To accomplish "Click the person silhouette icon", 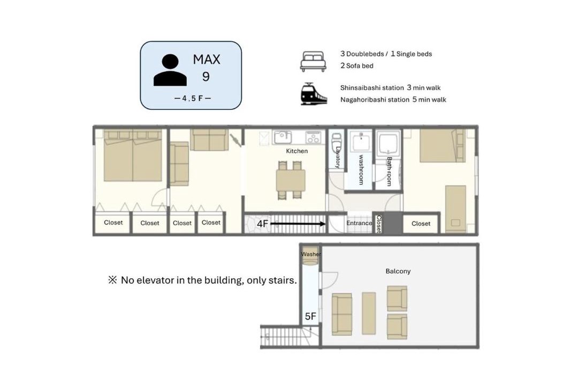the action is pyautogui.click(x=170, y=70).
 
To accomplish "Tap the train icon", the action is pyautogui.click(x=313, y=94).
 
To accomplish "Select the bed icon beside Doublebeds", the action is pyautogui.click(x=313, y=61).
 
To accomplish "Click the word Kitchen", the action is pyautogui.click(x=296, y=151).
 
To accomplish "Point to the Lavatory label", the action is pyautogui.click(x=338, y=158).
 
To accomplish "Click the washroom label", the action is pyautogui.click(x=361, y=169).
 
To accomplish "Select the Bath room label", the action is pyautogui.click(x=389, y=172).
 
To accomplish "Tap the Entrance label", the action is pyautogui.click(x=359, y=223).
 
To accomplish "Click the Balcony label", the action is pyautogui.click(x=398, y=271).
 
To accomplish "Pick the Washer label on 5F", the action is pyautogui.click(x=311, y=254).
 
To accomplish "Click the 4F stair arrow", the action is pyautogui.click(x=298, y=224).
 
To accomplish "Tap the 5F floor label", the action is pyautogui.click(x=310, y=316).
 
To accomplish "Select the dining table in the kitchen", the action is pyautogui.click(x=291, y=180).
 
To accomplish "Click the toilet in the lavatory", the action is pyautogui.click(x=337, y=141).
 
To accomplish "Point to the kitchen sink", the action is pyautogui.click(x=283, y=137).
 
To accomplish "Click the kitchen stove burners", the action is pyautogui.click(x=313, y=137).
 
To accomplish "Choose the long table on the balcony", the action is pyautogui.click(x=369, y=313).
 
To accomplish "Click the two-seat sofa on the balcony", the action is pyautogui.click(x=341, y=314).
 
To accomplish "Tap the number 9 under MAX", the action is pyautogui.click(x=206, y=77).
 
